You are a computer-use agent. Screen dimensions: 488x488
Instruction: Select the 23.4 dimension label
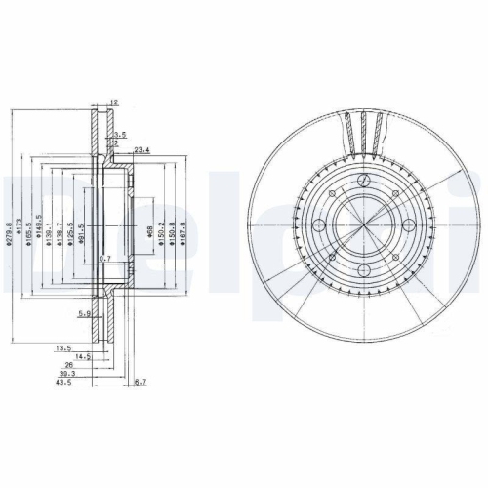[141, 149]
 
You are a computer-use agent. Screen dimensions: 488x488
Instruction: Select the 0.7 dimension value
[105, 260]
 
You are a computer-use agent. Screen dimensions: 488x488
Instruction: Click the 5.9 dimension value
[85, 313]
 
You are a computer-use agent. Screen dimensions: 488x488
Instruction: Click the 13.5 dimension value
[63, 347]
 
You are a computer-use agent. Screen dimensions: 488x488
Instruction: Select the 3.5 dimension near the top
[120, 133]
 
